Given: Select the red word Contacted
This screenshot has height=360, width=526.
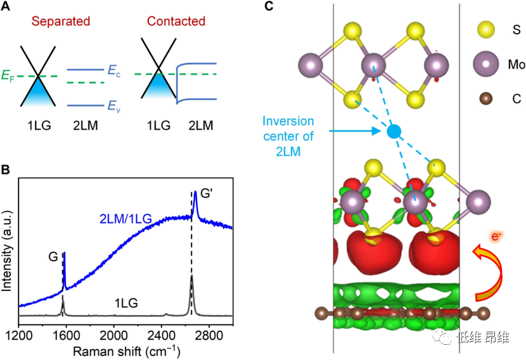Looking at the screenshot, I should pyautogui.click(x=176, y=22).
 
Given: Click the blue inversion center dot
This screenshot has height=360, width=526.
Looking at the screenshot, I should pyautogui.click(x=394, y=132).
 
